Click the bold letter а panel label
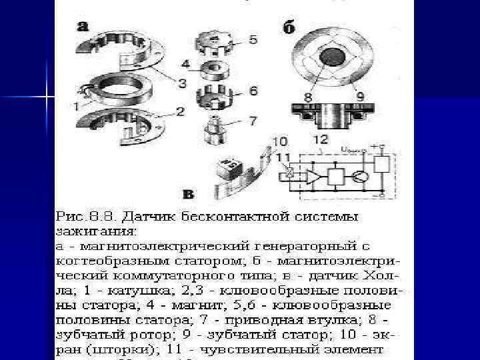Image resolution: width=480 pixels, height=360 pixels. pyautogui.click(x=83, y=27)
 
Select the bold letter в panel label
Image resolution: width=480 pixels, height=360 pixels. pyautogui.click(x=188, y=195)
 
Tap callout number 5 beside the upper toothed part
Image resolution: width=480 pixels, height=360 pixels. pyautogui.click(x=253, y=39)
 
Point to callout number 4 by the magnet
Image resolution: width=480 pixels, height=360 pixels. pyautogui.click(x=186, y=65)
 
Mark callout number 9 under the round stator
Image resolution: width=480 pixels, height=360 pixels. pyautogui.click(x=361, y=97)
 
